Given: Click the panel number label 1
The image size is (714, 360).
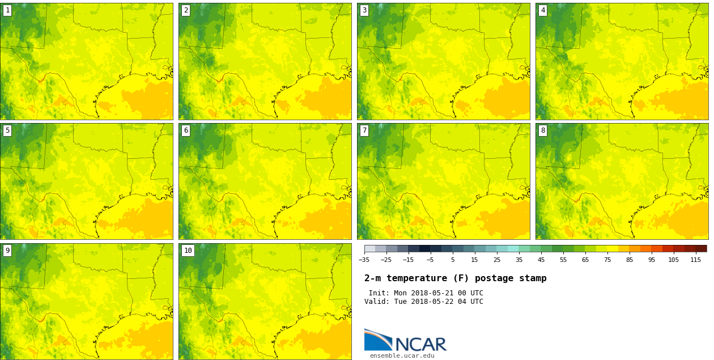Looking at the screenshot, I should pyautogui.click(x=7, y=10).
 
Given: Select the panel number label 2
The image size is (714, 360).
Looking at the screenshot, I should pyautogui.click(x=186, y=10).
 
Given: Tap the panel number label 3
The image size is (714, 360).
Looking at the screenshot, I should pyautogui.click(x=364, y=10).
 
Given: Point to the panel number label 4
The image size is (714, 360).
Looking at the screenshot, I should pyautogui.click(x=543, y=10).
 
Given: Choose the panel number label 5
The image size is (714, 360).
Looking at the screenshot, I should pyautogui.click(x=7, y=130).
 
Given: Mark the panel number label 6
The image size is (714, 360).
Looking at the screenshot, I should pyautogui.click(x=186, y=130).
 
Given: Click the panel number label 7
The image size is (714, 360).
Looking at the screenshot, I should pyautogui.click(x=364, y=130).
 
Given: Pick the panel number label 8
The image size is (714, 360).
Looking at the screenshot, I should pyautogui.click(x=543, y=130).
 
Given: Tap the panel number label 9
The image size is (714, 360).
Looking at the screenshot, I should pyautogui.click(x=7, y=251).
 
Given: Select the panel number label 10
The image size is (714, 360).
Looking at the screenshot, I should pyautogui.click(x=188, y=251).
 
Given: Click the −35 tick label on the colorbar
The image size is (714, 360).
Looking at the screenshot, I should pyautogui.click(x=364, y=260).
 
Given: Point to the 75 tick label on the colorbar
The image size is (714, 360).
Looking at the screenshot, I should pyautogui.click(x=607, y=260).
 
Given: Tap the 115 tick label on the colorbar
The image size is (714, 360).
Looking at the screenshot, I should pyautogui.click(x=695, y=260).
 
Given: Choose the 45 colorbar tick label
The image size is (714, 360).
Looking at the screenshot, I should pyautogui.click(x=541, y=260).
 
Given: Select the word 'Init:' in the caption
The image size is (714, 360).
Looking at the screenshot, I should pyautogui.click(x=379, y=293).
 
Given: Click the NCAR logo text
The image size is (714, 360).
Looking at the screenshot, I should pyautogui.click(x=420, y=344).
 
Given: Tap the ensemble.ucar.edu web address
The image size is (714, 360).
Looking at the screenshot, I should pyautogui.click(x=402, y=356).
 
